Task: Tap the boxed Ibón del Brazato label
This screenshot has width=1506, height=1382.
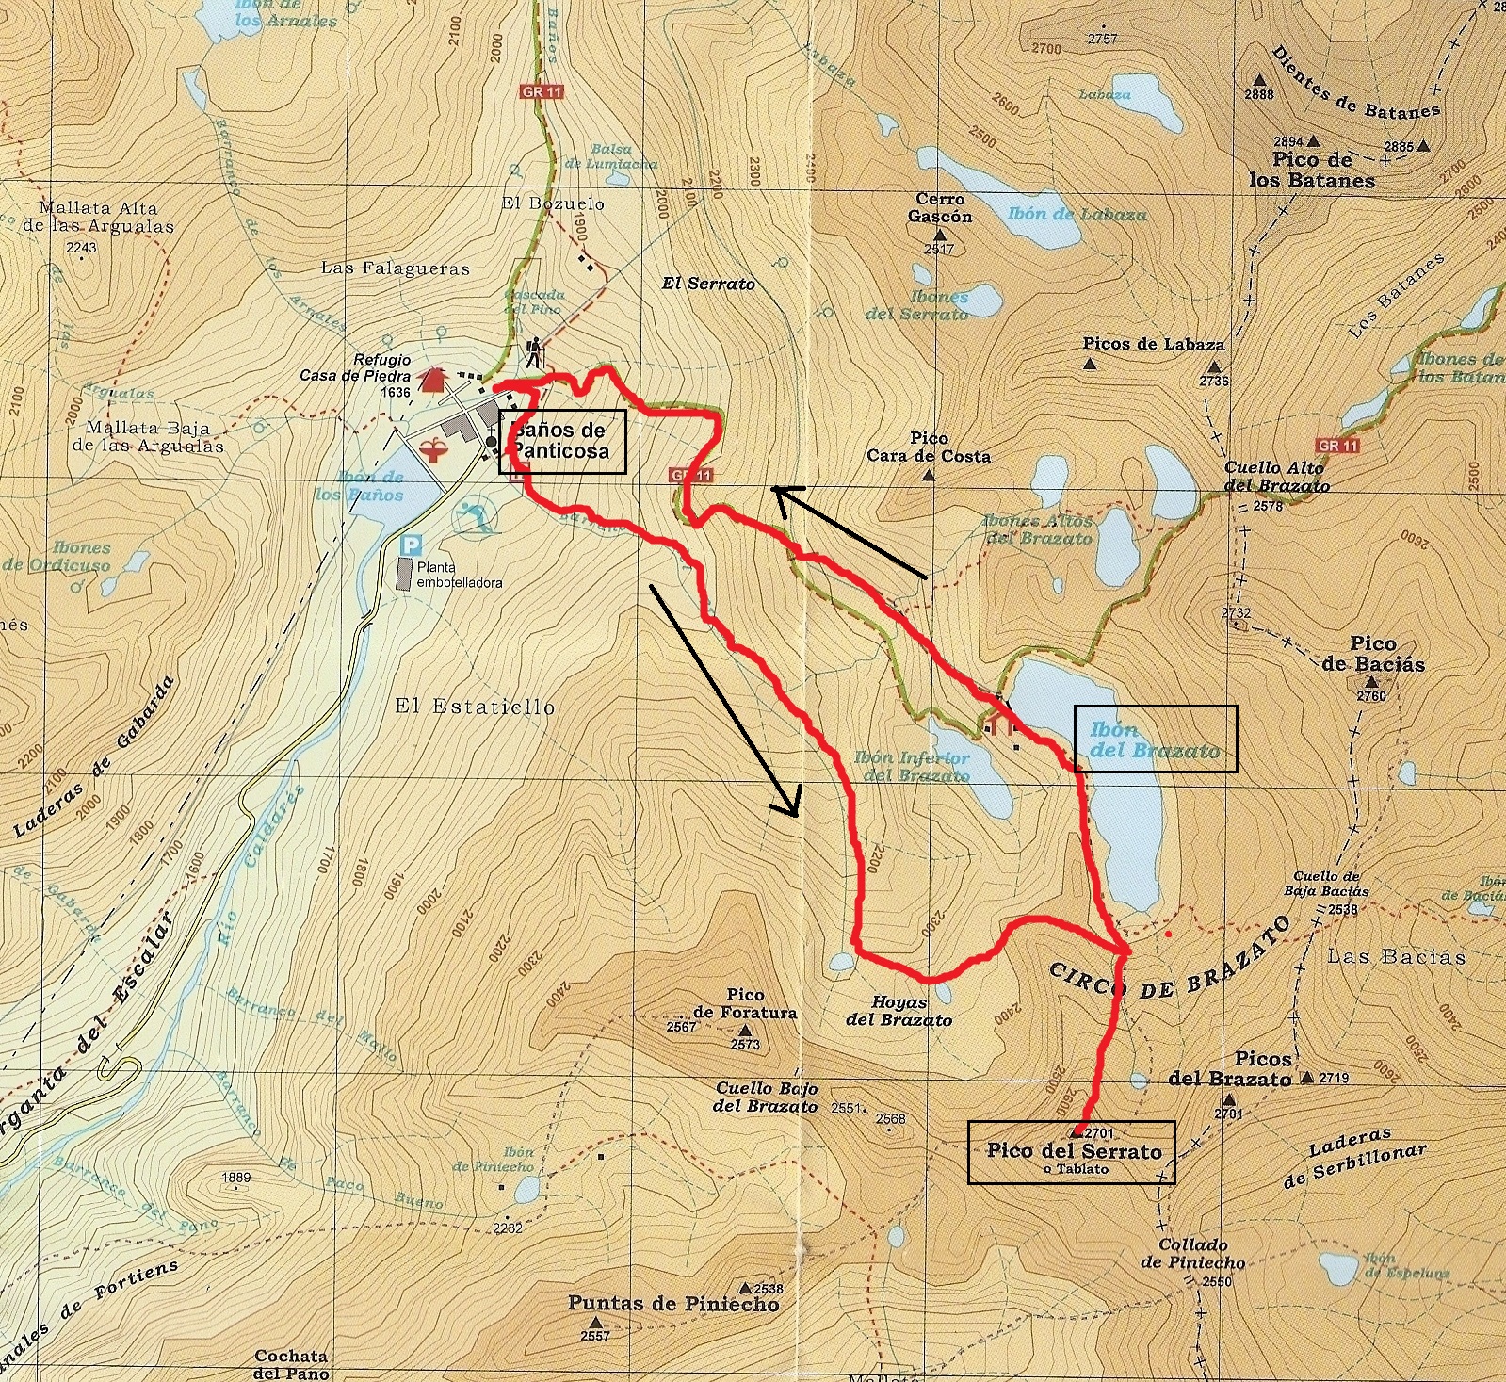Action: pos(1155,740)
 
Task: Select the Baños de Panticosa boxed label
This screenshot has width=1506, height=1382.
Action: pos(561,440)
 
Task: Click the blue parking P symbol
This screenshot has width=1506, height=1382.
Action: pos(410,545)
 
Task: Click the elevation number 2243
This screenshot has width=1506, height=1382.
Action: pos(82,248)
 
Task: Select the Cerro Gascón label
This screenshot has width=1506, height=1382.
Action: pos(939,207)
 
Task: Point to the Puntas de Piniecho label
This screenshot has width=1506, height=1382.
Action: pos(673,1304)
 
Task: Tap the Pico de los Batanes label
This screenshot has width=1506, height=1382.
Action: pos(1312,171)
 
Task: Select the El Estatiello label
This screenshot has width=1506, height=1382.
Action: pos(475,707)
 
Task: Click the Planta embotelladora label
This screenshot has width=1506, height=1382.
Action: pos(460,575)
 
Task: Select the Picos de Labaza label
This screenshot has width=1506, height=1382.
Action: pos(1153,344)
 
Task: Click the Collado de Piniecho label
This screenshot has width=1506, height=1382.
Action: pos(1192,1254)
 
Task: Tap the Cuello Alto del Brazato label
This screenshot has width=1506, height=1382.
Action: pos(1276,477)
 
